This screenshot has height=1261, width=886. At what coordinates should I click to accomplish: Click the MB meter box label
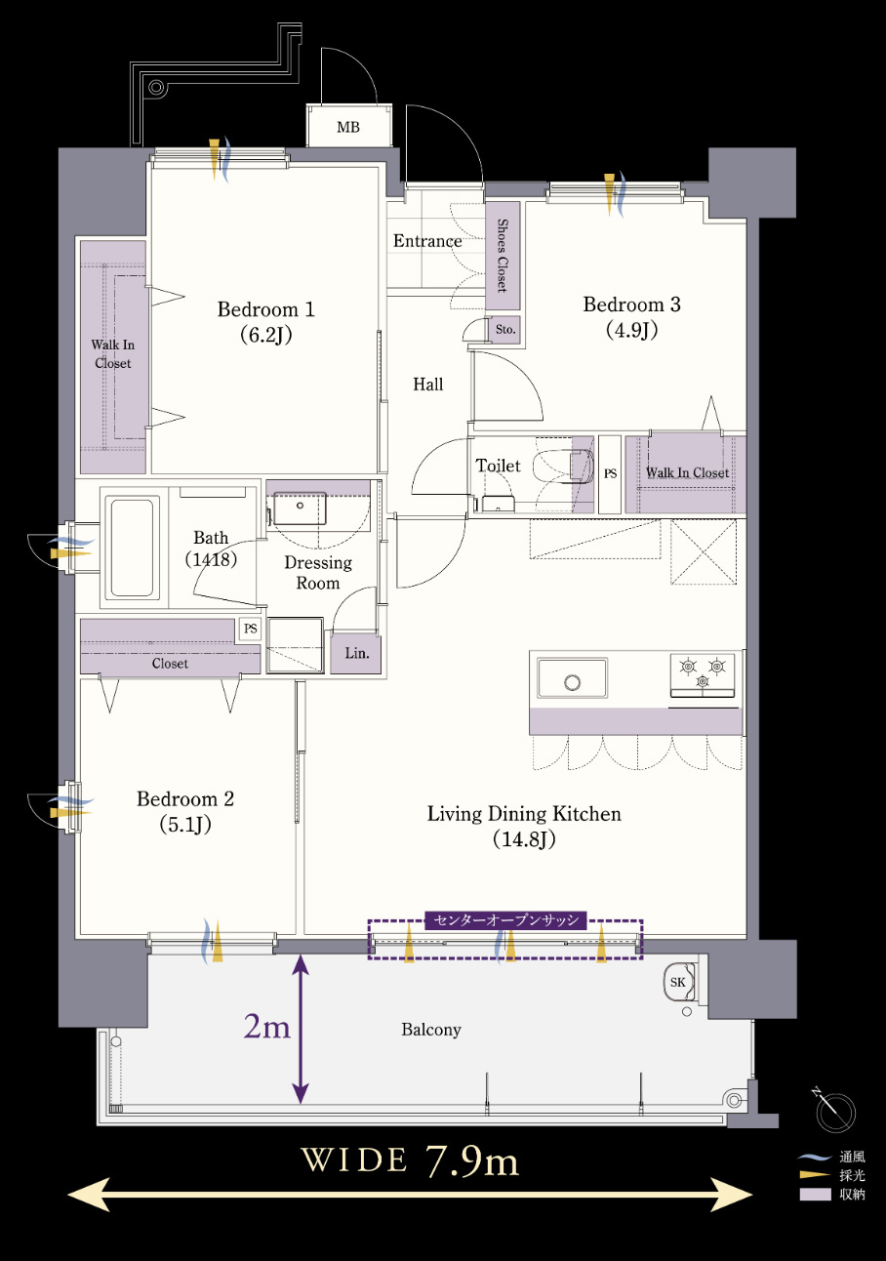(348, 127)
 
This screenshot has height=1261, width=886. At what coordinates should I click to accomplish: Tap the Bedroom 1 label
(265, 321)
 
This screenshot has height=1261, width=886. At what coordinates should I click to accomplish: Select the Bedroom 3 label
(631, 316)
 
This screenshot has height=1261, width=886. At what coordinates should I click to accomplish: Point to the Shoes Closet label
(503, 256)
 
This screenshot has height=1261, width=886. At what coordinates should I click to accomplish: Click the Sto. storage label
(504, 329)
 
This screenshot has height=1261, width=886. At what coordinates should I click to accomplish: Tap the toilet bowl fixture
(563, 467)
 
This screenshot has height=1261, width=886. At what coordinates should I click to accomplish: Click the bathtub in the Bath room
(132, 547)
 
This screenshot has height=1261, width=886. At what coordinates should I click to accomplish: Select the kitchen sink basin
(572, 677)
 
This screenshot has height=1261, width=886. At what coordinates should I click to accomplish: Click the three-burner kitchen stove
(703, 673)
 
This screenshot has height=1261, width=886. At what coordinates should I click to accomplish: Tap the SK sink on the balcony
(679, 981)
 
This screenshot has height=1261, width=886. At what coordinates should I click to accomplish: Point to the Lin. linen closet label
(357, 653)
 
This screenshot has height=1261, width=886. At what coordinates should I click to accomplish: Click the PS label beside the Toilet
(610, 473)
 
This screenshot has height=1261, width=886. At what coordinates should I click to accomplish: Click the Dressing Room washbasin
(299, 508)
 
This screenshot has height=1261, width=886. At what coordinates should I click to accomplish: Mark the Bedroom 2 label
(185, 811)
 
